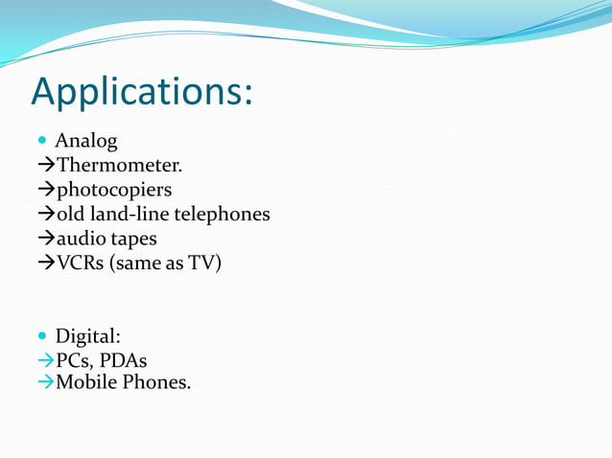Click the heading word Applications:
(142, 91)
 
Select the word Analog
(86, 142)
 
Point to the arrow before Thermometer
(45, 166)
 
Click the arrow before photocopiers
(45, 190)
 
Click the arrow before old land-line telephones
(45, 214)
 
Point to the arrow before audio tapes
(45, 238)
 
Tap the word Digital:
(87, 337)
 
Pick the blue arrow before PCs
(45, 361)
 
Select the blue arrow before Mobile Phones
(45, 382)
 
